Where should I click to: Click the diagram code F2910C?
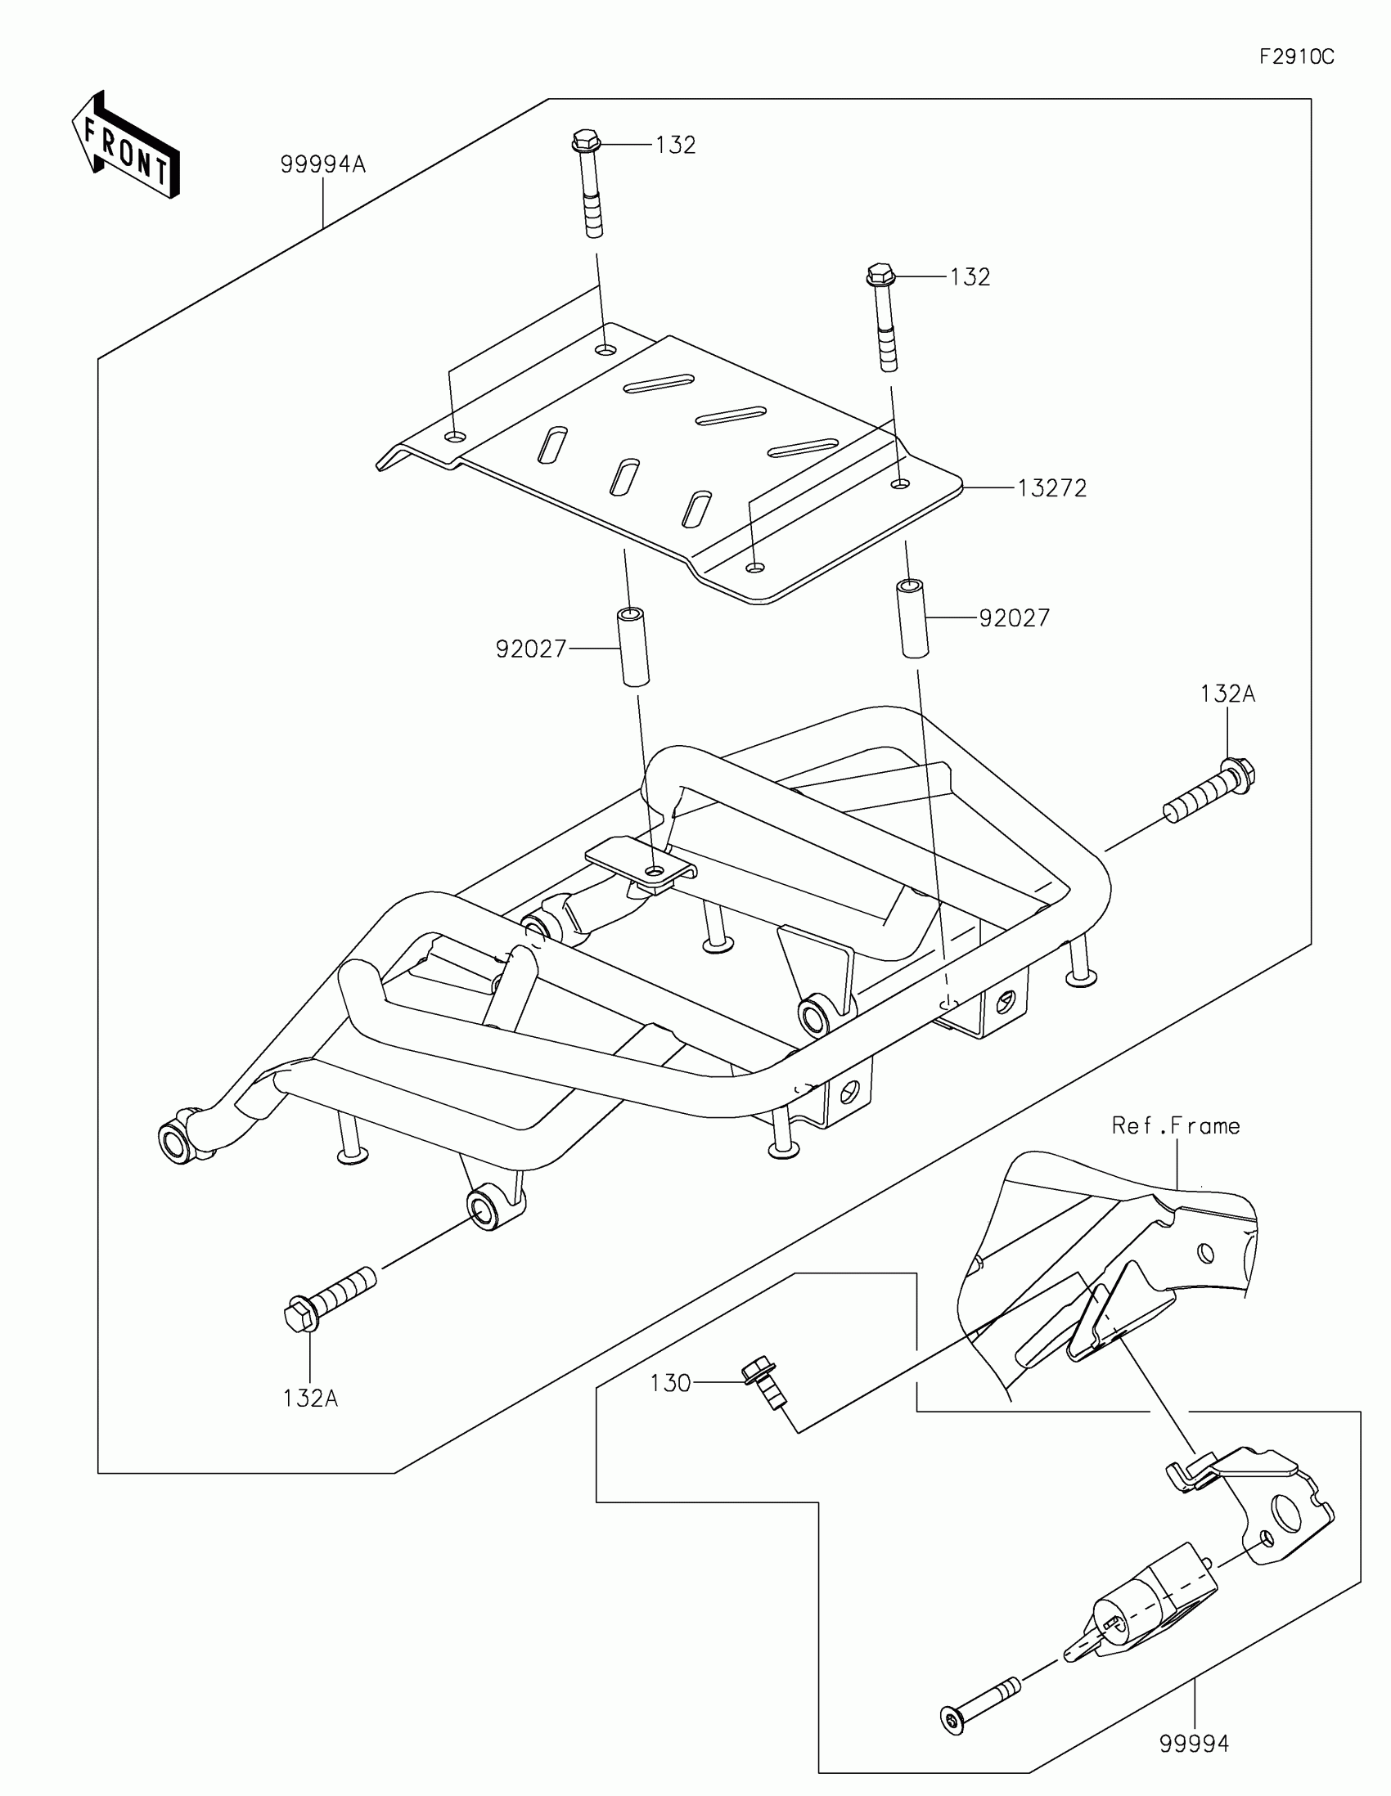pyautogui.click(x=1296, y=56)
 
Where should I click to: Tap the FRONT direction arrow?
pyautogui.click(x=125, y=146)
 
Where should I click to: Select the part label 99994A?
pyautogui.click(x=322, y=164)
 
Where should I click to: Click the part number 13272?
pyautogui.click(x=1052, y=488)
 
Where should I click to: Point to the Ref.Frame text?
pyautogui.click(x=1176, y=1126)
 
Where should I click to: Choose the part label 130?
pyautogui.click(x=669, y=1383)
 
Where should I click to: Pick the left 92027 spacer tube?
pyautogui.click(x=633, y=646)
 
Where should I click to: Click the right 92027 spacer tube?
pyautogui.click(x=912, y=618)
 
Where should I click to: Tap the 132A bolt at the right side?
pyautogui.click(x=1211, y=792)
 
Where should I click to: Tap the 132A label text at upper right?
pyautogui.click(x=1227, y=694)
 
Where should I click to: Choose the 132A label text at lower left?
pyautogui.click(x=310, y=1398)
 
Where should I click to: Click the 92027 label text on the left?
pyautogui.click(x=530, y=649)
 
